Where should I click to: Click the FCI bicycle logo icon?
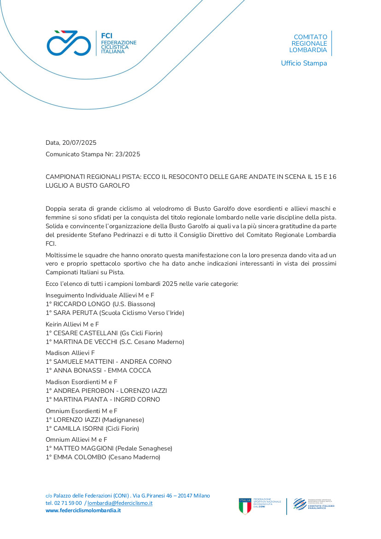[69, 43]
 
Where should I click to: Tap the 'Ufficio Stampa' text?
[304, 63]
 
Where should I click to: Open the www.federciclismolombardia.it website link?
[83, 510]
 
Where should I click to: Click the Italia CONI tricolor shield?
[245, 506]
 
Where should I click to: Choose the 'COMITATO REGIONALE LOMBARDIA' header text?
[310, 43]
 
